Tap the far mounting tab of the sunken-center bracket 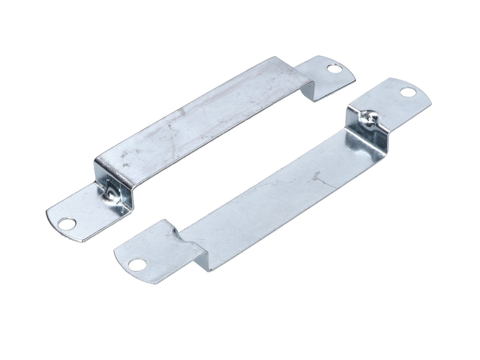click(394, 103)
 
